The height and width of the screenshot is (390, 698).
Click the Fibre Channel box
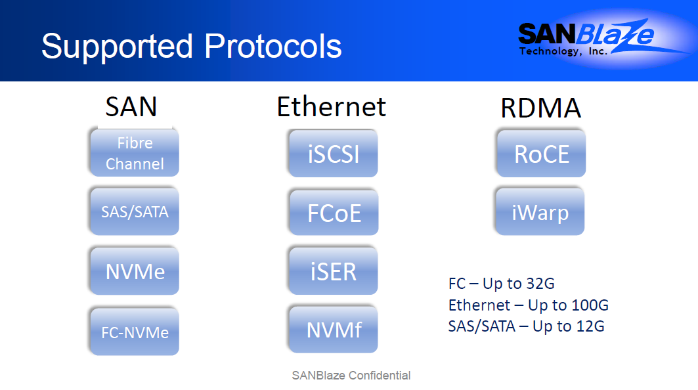click(x=135, y=152)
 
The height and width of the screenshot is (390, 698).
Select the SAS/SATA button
click(x=135, y=211)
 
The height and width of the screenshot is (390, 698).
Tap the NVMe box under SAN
click(x=135, y=271)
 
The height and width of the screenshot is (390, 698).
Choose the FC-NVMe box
click(x=135, y=331)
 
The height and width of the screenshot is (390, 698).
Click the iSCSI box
click(x=334, y=153)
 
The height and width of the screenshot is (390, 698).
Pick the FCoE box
click(x=334, y=212)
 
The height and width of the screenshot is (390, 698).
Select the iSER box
click(x=334, y=271)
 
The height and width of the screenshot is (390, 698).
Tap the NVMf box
click(x=334, y=330)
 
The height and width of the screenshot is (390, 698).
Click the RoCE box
click(x=541, y=154)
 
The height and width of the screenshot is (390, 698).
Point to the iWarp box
click(x=540, y=211)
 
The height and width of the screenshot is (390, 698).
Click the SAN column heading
click(x=131, y=107)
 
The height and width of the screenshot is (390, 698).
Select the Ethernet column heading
click(x=332, y=107)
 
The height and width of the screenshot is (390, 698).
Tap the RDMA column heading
click(x=541, y=108)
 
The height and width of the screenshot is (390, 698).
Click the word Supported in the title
click(x=117, y=47)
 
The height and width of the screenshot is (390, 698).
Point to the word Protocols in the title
click(x=273, y=46)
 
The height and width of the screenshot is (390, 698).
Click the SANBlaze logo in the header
click(x=587, y=37)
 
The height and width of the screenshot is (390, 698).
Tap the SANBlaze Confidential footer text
click(x=351, y=376)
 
